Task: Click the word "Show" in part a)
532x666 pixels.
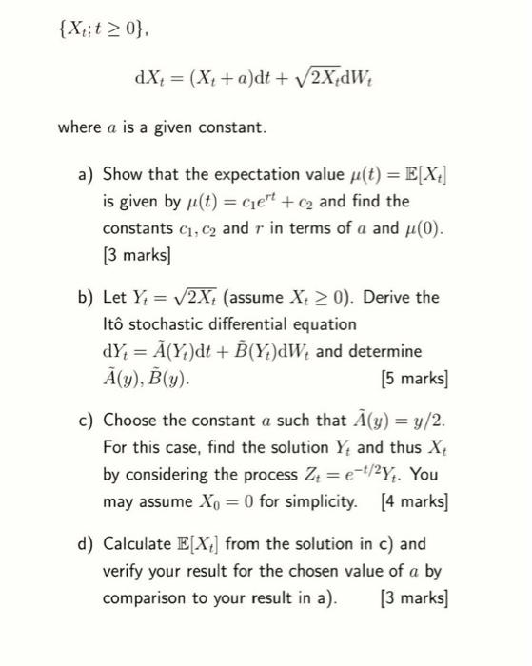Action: point(124,174)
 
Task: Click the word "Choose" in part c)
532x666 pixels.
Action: point(132,420)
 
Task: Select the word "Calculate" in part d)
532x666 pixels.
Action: point(139,545)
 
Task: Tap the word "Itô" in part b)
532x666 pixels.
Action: point(115,323)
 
